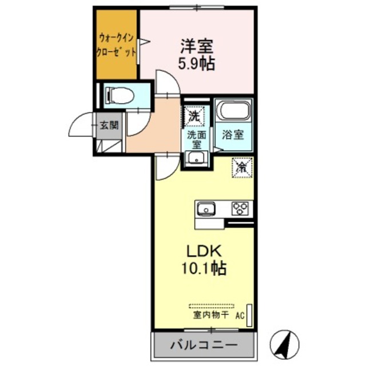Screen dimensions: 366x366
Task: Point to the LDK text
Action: (x=198, y=250)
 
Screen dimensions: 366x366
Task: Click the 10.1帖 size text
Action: (x=198, y=268)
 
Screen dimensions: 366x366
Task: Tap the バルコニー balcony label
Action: (x=203, y=345)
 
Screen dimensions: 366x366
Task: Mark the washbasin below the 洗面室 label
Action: (x=196, y=158)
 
